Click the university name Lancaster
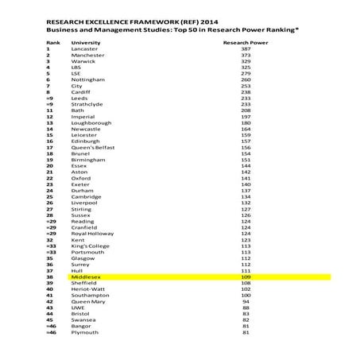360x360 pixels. pyautogui.click(x=84, y=48)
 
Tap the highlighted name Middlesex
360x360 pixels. pyautogui.click(x=86, y=277)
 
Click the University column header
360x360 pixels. pyautogui.click(x=86, y=41)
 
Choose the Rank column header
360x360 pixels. pyautogui.click(x=53, y=41)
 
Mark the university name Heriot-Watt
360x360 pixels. pyautogui.click(x=87, y=289)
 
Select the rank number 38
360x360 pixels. pyautogui.click(x=49, y=277)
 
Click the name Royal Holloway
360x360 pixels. pyautogui.click(x=92, y=234)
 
